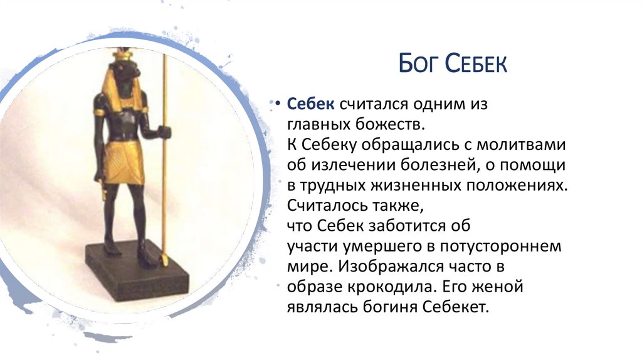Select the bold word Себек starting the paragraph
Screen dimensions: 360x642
[307, 104]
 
